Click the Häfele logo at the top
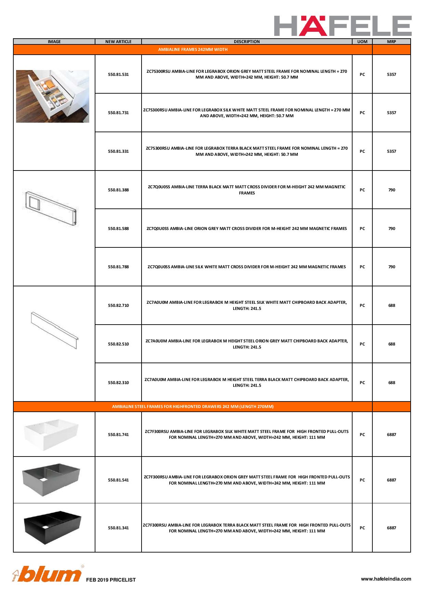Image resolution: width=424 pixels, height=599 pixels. pos(343,26)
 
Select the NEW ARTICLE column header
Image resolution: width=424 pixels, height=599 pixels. pos(118,42)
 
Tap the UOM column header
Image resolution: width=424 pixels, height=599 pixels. pos(362,42)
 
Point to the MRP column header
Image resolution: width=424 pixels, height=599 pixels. pos(392,42)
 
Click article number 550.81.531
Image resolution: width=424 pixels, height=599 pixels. pos(118,74)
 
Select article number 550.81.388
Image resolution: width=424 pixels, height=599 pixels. pos(118,190)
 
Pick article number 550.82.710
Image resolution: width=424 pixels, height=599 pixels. pos(118,305)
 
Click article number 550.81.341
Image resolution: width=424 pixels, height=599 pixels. pos(118,528)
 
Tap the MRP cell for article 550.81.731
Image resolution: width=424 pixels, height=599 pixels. pos(392,113)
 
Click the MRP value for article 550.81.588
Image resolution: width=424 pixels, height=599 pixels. pos(392,229)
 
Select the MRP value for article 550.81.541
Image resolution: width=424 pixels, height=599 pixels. pos(392,480)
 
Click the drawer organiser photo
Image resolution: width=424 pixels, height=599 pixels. pos(53,96)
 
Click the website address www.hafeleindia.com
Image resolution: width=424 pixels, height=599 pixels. pos(386,579)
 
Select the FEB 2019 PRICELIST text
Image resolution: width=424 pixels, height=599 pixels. pos(111,580)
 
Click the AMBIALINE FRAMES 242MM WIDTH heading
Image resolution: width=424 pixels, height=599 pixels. pos(193,50)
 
